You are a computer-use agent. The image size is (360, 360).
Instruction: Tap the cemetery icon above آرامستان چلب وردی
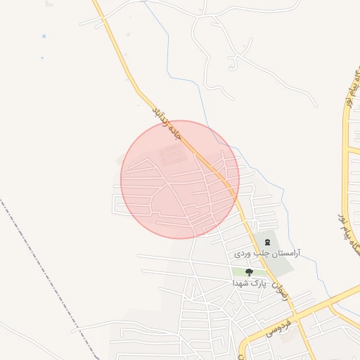coord(266,242)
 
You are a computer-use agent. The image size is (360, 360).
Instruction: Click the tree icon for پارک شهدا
coord(248,272)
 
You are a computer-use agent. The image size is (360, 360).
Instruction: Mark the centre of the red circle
coord(180,179)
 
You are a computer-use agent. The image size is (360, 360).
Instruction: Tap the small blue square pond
coord(44,36)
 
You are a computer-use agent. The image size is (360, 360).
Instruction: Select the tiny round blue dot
coord(42,58)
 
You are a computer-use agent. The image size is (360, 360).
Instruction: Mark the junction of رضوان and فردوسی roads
coord(310,310)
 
